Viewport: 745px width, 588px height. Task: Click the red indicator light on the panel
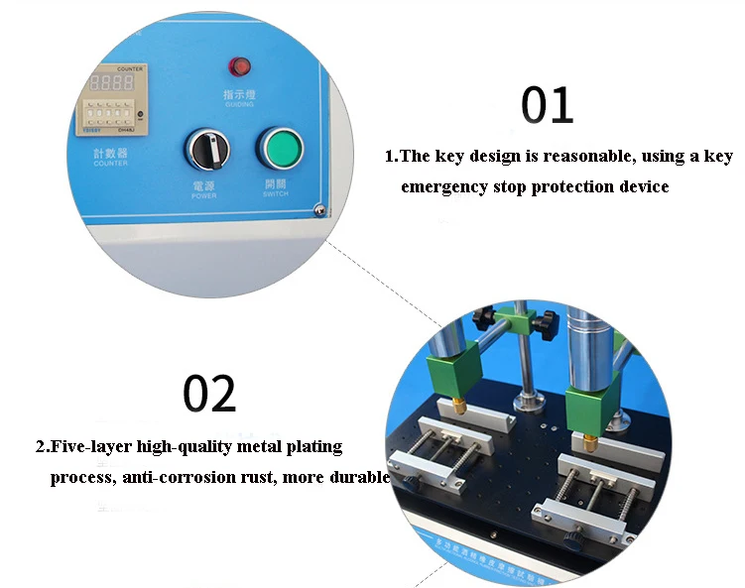click(238, 67)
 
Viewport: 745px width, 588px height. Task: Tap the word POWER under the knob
click(203, 195)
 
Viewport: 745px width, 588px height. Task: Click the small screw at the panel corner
click(317, 208)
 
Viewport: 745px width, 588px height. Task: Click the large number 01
click(547, 106)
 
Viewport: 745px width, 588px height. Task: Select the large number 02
click(209, 394)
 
